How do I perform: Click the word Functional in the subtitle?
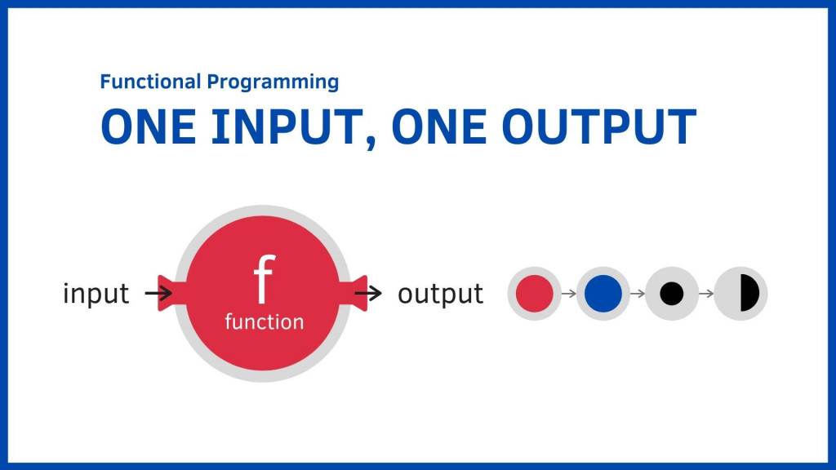tap(150, 82)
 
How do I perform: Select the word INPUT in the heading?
tap(287, 126)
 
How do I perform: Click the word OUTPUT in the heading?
tap(598, 126)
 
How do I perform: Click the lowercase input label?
tap(96, 293)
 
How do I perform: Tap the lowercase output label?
tap(440, 294)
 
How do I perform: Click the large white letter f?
tap(264, 279)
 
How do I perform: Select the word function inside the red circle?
tap(264, 321)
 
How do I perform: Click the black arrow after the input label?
tap(158, 293)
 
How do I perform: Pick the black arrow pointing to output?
tap(368, 293)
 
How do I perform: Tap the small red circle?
tap(534, 293)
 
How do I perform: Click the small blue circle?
tap(603, 293)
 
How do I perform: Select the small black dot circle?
tap(672, 293)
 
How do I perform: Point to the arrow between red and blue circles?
tap(569, 293)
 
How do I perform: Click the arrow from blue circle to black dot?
tap(638, 293)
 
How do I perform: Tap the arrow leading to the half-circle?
tap(706, 293)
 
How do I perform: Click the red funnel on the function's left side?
tap(171, 293)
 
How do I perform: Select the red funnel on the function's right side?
tap(354, 293)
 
